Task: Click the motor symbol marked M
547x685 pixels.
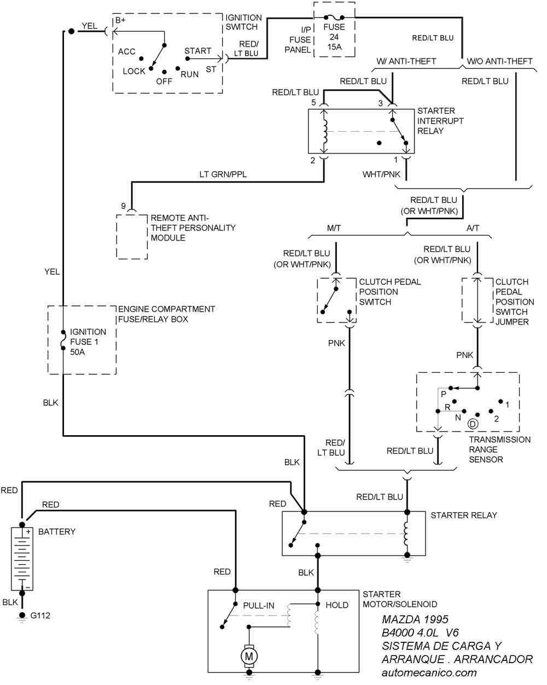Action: [249, 655]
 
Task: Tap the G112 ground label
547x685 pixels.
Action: [40, 616]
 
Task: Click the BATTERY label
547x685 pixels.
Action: [57, 531]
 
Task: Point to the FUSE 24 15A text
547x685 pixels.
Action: [334, 37]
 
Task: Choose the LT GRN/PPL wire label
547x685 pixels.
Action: [223, 175]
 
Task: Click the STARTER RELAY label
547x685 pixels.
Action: [464, 515]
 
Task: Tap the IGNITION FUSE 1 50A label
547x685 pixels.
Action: [88, 342]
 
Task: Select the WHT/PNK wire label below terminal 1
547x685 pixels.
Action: [381, 174]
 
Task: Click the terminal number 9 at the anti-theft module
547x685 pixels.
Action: [124, 206]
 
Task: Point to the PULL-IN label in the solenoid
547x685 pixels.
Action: [259, 605]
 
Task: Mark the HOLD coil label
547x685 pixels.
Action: [337, 605]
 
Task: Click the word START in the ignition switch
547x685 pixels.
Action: [197, 51]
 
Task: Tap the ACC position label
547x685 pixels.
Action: [126, 51]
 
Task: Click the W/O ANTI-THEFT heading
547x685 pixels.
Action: [498, 61]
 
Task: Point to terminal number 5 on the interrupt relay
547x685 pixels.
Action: [314, 102]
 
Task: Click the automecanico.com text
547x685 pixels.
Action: [429, 673]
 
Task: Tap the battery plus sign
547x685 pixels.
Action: [27, 531]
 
